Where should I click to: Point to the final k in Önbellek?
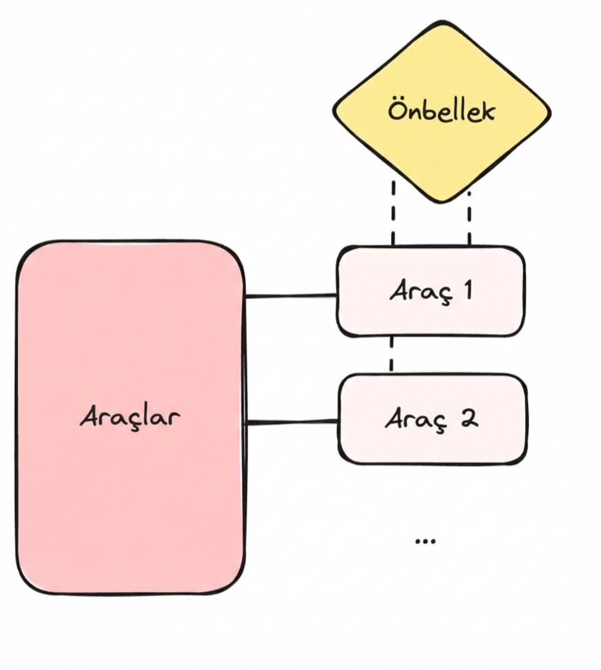[x=486, y=112]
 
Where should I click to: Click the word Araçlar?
[x=130, y=417]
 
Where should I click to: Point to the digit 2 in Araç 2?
[x=469, y=419]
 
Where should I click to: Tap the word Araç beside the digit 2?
[x=417, y=420]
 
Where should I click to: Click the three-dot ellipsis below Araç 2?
[x=425, y=541]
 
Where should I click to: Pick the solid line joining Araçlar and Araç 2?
[x=291, y=422]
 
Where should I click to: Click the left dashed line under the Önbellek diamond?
[x=393, y=212]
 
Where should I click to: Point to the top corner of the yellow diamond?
[x=441, y=24]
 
